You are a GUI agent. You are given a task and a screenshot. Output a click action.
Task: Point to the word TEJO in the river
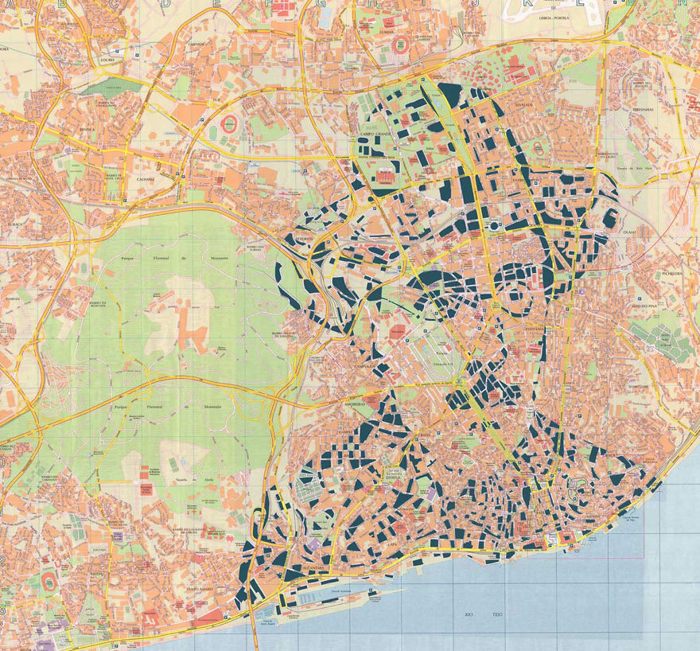pyautogui.click(x=497, y=614)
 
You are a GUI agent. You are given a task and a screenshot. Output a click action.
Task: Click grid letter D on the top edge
pyautogui.click(x=165, y=4)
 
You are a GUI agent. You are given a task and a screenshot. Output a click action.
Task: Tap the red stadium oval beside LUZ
pyautogui.click(x=229, y=124)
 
